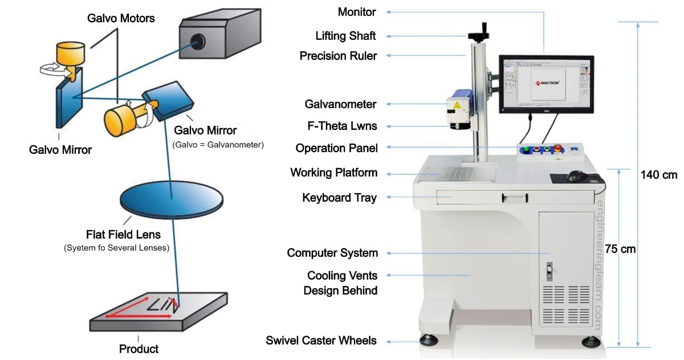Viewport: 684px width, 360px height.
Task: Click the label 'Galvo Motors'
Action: [121, 18]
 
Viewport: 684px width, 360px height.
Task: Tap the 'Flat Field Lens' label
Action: [123, 234]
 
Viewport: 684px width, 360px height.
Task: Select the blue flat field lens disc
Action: [172, 200]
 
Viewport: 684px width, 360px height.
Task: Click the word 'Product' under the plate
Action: [139, 349]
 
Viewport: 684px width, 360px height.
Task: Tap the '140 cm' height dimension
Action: [659, 175]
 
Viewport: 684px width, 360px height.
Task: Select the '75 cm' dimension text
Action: [620, 249]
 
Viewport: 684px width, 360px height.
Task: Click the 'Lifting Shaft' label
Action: [345, 36]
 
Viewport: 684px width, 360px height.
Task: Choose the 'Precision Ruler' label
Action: [338, 56]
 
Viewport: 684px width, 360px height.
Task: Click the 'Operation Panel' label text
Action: [336, 148]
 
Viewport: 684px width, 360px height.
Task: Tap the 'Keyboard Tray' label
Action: [339, 198]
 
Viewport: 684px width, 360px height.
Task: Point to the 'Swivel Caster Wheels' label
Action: [321, 341]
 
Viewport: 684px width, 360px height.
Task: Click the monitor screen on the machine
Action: [545, 84]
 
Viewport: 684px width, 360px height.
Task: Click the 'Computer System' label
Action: [332, 253]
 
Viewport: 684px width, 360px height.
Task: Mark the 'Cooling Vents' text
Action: [342, 276]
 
